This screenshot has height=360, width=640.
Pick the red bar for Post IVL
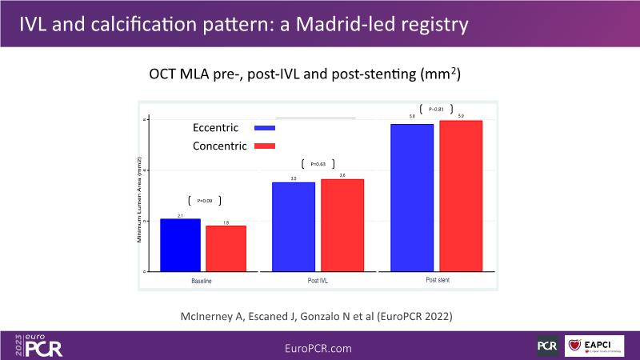click(x=342, y=225)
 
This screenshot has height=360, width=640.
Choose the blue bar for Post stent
click(x=411, y=198)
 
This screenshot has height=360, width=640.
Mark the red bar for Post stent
click(x=461, y=196)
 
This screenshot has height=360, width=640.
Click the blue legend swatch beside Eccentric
click(x=264, y=128)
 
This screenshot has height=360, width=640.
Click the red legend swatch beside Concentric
click(x=264, y=146)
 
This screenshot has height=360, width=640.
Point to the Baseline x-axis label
click(x=202, y=282)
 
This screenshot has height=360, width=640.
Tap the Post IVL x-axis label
click(x=318, y=282)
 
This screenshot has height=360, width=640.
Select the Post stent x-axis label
click(x=437, y=281)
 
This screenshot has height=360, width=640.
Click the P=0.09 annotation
click(x=204, y=201)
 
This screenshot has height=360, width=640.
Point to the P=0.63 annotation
click(x=318, y=164)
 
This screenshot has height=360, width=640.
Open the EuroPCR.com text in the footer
click(x=318, y=348)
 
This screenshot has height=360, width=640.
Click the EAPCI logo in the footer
click(x=594, y=346)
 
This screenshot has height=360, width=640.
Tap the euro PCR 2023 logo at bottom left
click(x=39, y=344)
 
